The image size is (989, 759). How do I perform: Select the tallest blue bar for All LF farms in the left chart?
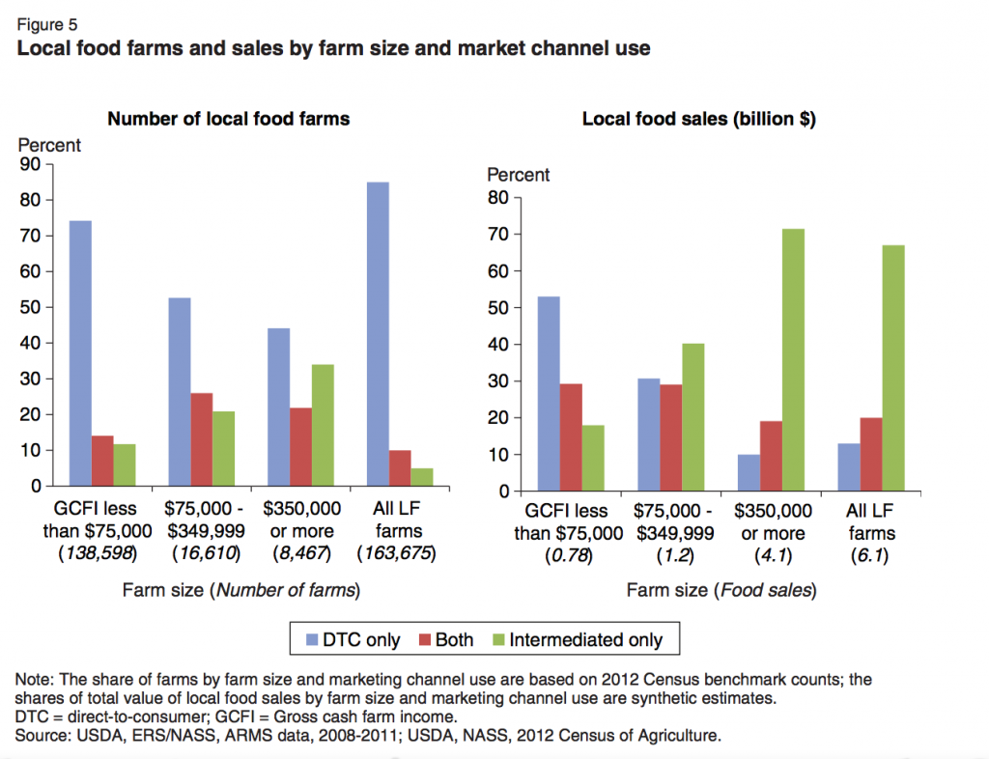click(x=378, y=334)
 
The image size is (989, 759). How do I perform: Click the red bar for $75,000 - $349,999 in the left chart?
click(x=202, y=439)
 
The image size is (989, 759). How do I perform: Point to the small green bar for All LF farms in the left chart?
click(x=421, y=477)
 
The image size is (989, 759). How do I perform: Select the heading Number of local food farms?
click(x=228, y=119)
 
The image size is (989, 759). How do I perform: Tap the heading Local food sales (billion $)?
click(x=698, y=119)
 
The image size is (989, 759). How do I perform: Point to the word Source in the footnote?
click(x=42, y=737)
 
